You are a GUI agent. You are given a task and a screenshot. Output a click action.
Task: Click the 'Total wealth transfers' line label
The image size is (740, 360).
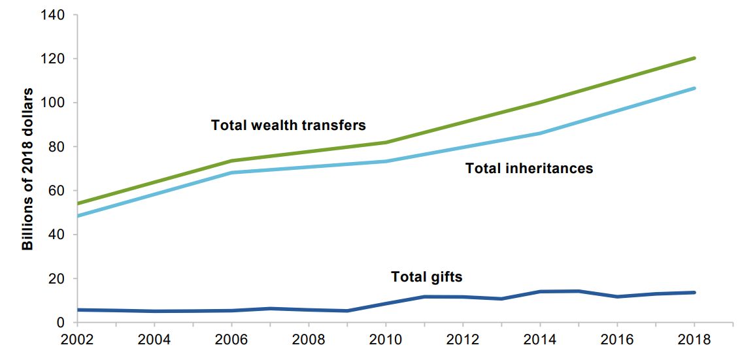coord(288,125)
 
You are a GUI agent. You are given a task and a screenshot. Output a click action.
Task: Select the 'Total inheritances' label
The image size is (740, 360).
coord(529,169)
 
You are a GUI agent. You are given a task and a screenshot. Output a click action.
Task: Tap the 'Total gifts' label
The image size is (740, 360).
coord(426,277)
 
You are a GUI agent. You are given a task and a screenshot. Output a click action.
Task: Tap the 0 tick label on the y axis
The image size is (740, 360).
coord(59,323)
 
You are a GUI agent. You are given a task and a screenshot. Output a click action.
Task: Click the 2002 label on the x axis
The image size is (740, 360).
coord(78,341)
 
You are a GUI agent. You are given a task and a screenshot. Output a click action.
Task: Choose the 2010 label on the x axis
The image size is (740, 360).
coord(386,341)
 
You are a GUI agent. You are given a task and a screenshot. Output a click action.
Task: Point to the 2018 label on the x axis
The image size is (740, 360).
coord(694,341)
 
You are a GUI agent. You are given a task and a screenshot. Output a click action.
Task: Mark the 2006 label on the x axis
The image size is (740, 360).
coord(232,341)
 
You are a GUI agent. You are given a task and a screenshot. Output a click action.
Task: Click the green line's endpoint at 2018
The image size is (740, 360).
coord(694,58)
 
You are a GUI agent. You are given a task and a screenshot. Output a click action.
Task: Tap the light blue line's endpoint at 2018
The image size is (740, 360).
coord(694,88)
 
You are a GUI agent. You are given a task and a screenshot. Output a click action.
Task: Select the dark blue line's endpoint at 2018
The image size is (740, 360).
coord(694,292)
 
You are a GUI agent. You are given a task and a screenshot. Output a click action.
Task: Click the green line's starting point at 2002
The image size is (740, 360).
coord(78,203)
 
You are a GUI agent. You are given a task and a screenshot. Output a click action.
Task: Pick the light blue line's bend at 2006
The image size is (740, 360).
coord(232,172)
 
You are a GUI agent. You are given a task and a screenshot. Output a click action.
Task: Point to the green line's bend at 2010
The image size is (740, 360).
coord(386,142)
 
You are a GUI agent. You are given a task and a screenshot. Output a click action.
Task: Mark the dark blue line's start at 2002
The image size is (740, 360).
coord(78,310)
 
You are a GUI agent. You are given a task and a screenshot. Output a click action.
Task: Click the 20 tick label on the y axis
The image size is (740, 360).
coord(56,278)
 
